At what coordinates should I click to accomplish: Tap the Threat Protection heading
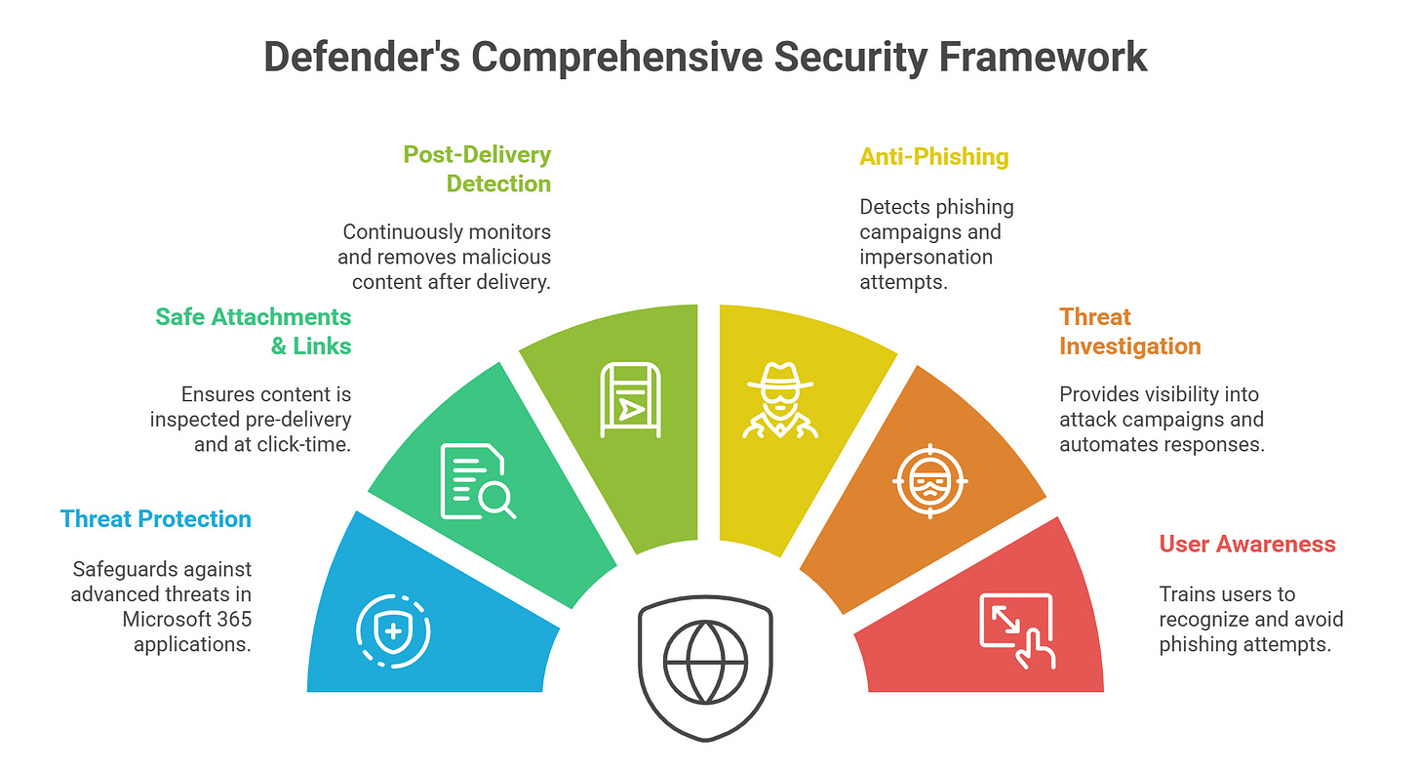coord(156,518)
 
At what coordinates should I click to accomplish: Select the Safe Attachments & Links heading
coord(254,331)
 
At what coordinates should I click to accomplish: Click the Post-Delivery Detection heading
coord(478,169)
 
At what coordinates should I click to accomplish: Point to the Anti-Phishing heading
coord(933,156)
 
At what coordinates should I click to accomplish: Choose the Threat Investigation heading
coord(1129,331)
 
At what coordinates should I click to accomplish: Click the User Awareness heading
coord(1246,544)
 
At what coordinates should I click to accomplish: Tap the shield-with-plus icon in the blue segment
coord(393,631)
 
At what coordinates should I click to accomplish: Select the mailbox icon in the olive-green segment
coord(629,399)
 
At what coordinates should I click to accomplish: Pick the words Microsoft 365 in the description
coord(186,619)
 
